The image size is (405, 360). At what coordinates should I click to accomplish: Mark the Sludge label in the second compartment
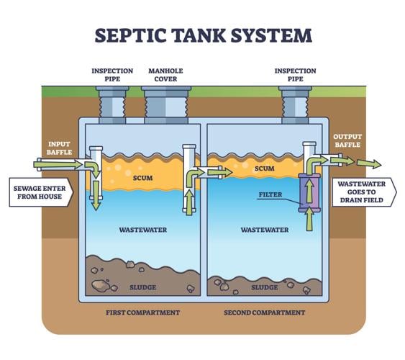[265, 287]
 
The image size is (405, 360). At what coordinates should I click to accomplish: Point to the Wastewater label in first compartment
[144, 230]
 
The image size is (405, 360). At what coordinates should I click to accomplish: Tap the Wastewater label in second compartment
[265, 230]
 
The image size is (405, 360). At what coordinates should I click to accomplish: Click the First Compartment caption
[144, 312]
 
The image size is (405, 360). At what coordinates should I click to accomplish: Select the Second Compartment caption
[264, 312]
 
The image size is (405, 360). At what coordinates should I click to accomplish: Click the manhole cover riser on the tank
[167, 104]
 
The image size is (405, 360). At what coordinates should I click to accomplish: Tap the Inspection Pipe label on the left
[112, 74]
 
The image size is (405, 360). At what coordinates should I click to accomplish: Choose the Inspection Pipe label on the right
[296, 74]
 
